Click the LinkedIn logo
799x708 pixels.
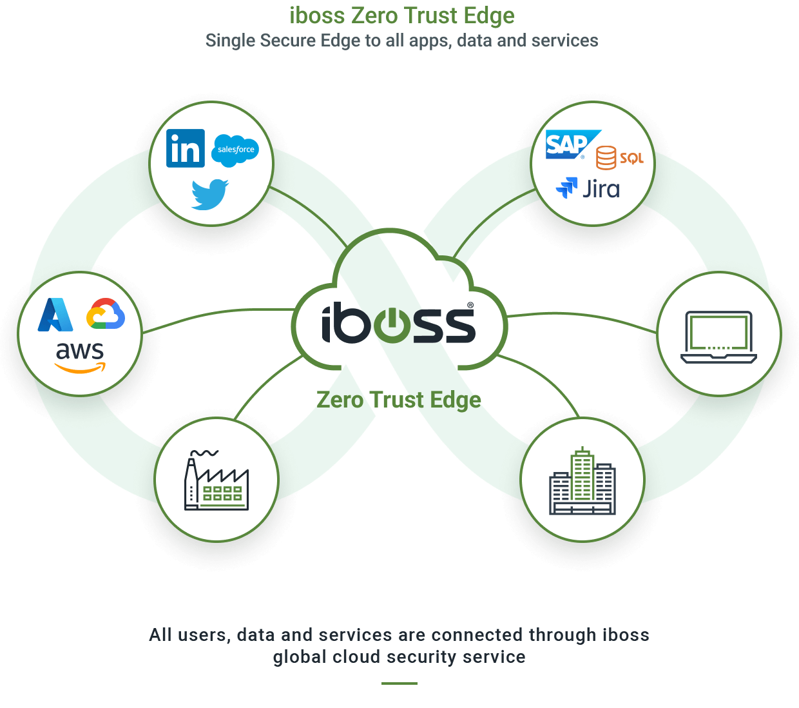186,148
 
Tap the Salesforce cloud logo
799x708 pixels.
235,150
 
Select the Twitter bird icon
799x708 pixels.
210,194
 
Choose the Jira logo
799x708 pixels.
588,188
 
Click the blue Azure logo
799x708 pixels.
55,315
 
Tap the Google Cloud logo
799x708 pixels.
106,314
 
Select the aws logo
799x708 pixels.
80,357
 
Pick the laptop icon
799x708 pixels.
718,337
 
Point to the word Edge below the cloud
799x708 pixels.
455,400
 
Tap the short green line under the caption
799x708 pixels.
400,683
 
